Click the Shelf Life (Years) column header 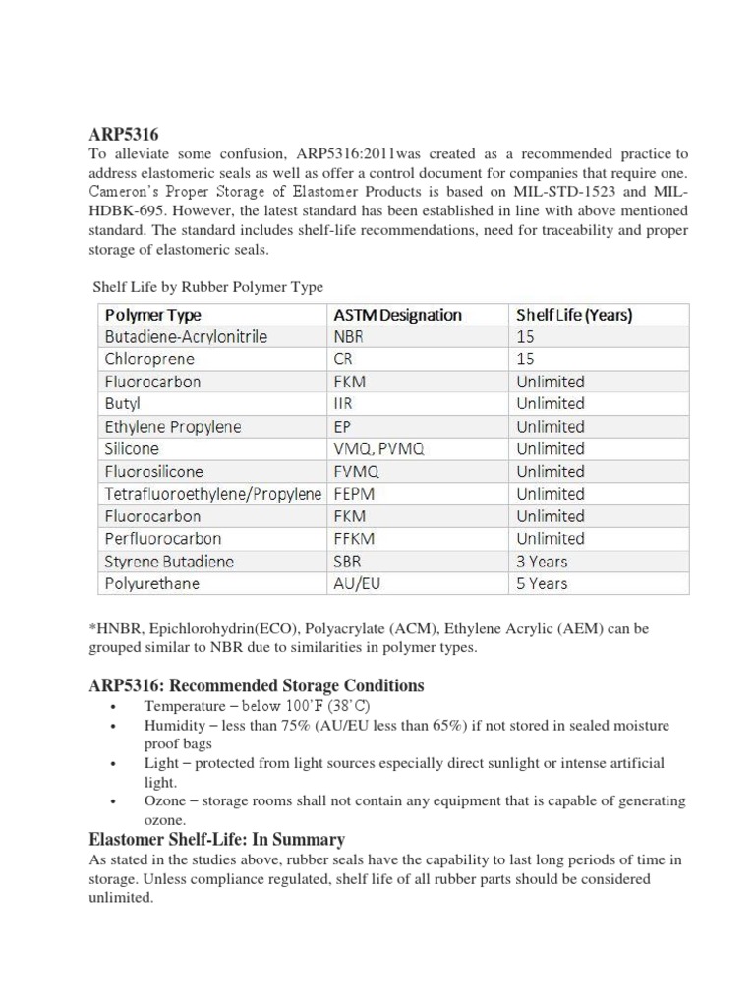tap(574, 315)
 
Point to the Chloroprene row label tap(149, 359)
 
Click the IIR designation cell tap(341, 404)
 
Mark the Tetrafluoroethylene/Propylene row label tap(212, 494)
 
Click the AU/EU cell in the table tap(356, 583)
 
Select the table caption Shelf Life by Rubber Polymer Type tap(207, 286)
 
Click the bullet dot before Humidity tap(115, 727)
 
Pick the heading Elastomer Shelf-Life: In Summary tap(216, 839)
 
